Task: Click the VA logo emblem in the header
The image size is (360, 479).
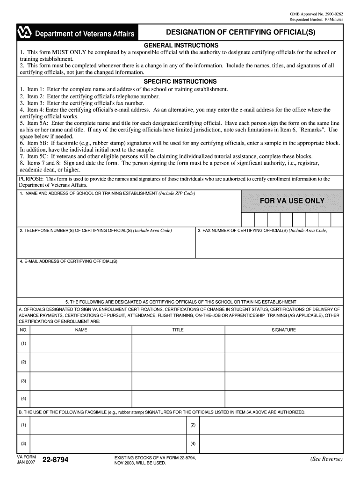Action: coord(25,33)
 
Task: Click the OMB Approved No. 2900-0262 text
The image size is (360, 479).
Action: coord(317,14)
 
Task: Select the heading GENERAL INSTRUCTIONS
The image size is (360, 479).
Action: coord(180,45)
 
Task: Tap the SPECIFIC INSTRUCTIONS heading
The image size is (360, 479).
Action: coord(180,81)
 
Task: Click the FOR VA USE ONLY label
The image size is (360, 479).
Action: coord(292,201)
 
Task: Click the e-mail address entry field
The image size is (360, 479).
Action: coord(180,279)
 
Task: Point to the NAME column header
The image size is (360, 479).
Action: coord(81,330)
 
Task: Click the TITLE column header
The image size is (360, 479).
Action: coord(178,330)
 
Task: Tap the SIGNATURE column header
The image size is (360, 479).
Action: coord(284,330)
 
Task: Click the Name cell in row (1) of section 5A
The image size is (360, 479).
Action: coord(81,344)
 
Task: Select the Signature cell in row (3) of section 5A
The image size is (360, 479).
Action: coord(284,380)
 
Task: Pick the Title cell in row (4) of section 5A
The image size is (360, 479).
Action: coord(178,399)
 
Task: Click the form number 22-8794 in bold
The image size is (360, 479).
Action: coord(55,460)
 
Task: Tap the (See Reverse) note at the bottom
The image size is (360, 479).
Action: coord(326,459)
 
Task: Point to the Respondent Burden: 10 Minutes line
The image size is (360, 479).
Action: coord(316,19)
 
